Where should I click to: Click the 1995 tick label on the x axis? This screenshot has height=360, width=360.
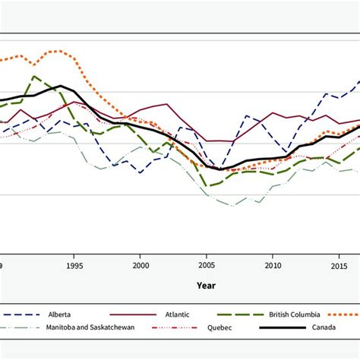pyautogui.click(x=74, y=266)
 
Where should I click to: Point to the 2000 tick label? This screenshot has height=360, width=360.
pyautogui.click(x=141, y=266)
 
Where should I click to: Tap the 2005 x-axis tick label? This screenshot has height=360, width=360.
pyautogui.click(x=207, y=266)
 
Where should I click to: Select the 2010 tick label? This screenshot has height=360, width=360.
pyautogui.click(x=273, y=266)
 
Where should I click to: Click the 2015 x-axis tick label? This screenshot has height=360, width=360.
pyautogui.click(x=339, y=266)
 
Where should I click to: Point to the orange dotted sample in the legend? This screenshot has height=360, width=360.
pyautogui.click(x=346, y=313)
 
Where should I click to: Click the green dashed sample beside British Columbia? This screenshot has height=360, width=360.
pyautogui.click(x=241, y=313)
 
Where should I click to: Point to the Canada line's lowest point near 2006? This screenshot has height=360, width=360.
pyautogui.click(x=219, y=169)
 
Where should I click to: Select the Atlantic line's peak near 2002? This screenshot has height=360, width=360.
pyautogui.click(x=166, y=104)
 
